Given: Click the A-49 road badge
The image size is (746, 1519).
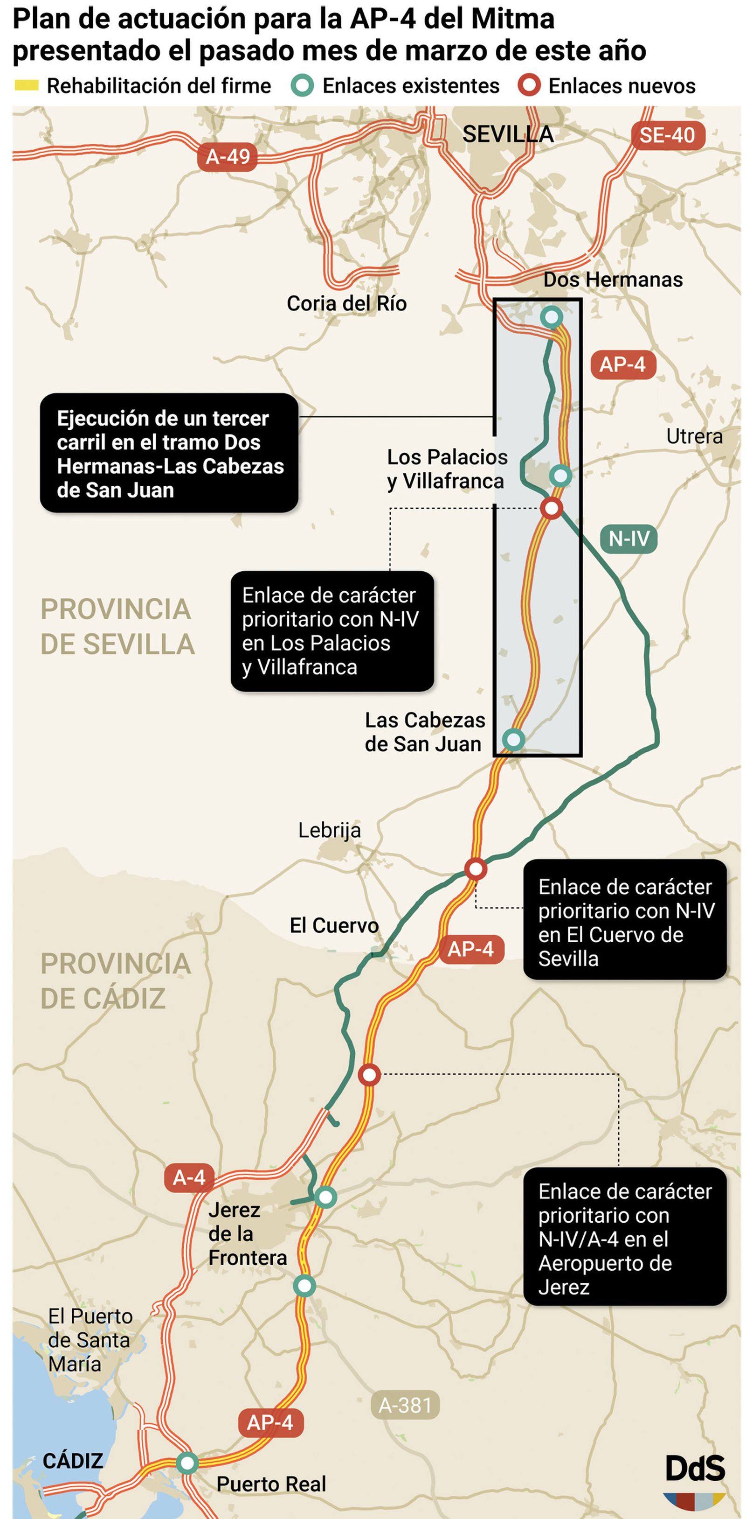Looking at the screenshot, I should (228, 157).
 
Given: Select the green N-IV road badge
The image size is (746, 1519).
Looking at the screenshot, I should (629, 539).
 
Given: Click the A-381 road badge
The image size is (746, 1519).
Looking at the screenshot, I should (405, 1405).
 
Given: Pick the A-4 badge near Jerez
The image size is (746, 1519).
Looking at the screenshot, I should (188, 1177).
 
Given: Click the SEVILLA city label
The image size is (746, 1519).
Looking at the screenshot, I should (507, 134).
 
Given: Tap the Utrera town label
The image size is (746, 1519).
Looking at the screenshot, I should (694, 436).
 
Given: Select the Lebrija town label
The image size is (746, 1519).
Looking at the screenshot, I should (329, 830).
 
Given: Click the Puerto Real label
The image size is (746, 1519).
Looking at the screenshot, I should (271, 1484).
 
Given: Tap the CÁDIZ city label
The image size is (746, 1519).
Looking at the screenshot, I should (73, 1461).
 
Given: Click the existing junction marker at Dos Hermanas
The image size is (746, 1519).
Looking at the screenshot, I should (552, 317).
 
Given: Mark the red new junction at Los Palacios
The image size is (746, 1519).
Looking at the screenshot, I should (552, 508).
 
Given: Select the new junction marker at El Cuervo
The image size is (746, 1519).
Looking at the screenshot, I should (475, 868).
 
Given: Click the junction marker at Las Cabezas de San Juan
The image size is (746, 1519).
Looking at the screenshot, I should (513, 739).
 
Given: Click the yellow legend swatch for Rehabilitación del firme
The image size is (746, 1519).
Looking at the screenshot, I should (26, 86).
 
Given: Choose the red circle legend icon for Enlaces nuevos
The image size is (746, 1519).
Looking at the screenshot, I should (529, 86).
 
